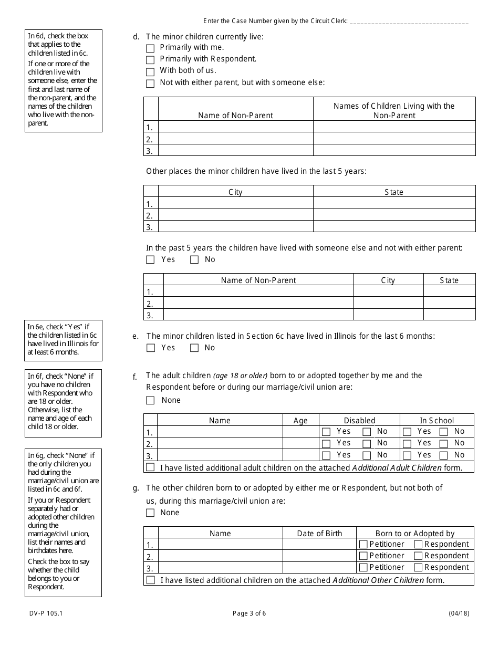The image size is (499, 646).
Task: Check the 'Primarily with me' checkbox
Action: [150, 48]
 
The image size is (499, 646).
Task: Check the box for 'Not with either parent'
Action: [150, 84]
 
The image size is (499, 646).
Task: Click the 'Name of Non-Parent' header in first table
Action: [235, 115]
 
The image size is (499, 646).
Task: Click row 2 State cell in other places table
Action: [394, 215]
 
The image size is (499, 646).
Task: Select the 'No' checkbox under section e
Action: [194, 348]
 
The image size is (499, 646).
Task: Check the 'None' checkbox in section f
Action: [150, 400]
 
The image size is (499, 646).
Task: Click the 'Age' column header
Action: [300, 420]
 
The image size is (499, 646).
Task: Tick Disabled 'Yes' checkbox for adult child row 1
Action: [326, 432]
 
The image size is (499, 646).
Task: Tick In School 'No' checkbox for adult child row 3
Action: [444, 455]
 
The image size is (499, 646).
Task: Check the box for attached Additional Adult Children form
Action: [150, 467]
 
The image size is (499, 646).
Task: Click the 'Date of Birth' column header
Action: [319, 533]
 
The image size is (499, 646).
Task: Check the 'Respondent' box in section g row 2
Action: [418, 556]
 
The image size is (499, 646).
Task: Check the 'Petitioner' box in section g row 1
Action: [363, 544]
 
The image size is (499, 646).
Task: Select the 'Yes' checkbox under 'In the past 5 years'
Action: [150, 259]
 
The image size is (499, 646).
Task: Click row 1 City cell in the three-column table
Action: [388, 291]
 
